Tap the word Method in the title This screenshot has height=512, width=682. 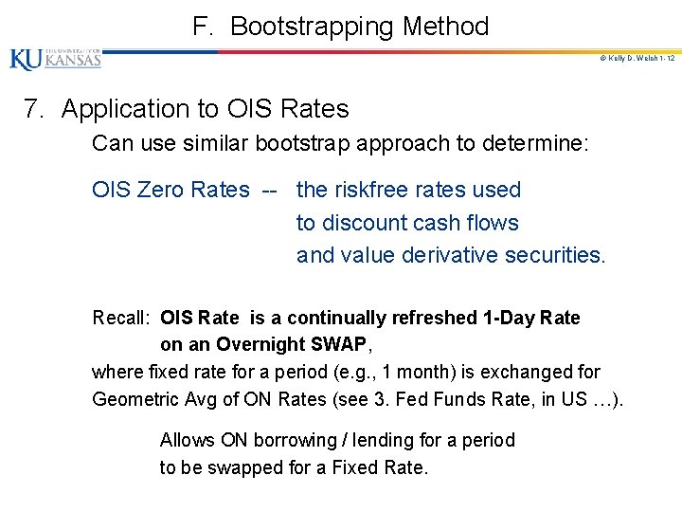[445, 27]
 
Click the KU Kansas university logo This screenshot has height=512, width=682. [55, 59]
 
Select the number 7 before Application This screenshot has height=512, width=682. [33, 109]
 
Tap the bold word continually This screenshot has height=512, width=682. [334, 318]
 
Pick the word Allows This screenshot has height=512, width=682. [187, 440]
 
